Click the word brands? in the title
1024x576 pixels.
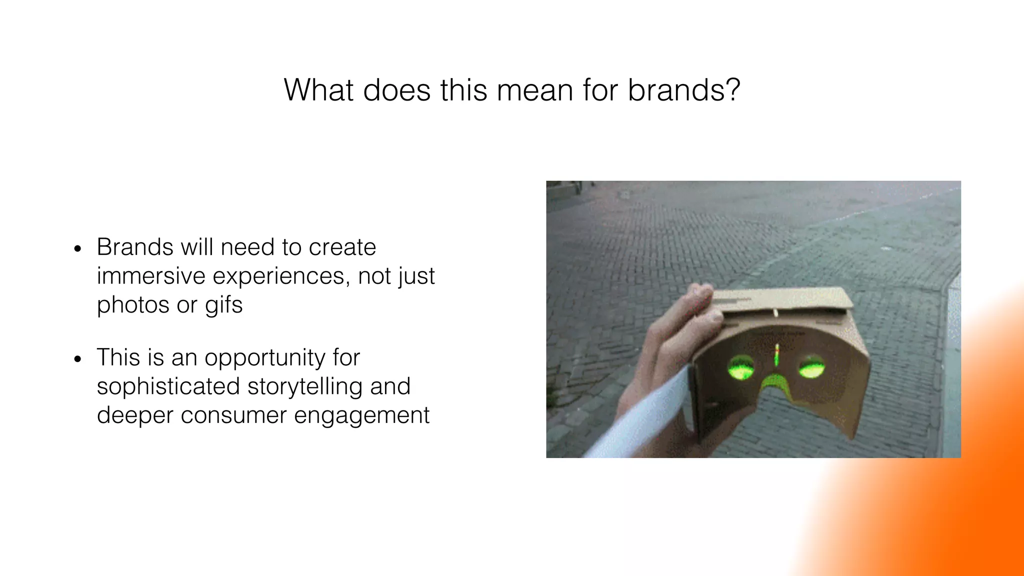(683, 90)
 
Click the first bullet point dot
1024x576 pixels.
(77, 249)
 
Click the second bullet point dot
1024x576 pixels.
(77, 359)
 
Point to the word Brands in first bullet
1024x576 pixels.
(134, 247)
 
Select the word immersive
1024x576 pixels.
(151, 276)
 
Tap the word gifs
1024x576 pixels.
(223, 305)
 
